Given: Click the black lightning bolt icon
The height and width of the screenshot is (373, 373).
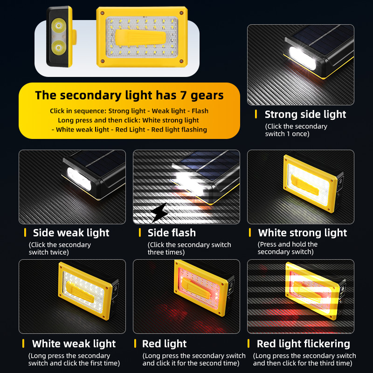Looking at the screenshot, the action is point(159,213).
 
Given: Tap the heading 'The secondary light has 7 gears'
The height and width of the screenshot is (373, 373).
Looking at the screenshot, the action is point(130,95).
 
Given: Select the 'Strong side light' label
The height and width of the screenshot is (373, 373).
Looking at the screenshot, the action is point(305,114).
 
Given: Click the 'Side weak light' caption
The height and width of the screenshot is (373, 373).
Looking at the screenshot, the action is point(71,233).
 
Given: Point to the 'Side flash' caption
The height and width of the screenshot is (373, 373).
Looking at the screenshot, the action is point(172,233).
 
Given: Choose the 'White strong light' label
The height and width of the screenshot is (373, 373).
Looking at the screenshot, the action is point(303,233).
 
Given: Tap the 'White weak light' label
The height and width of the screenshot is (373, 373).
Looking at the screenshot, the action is point(74,344).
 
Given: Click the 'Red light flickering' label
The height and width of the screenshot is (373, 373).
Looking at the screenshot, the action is point(304,344).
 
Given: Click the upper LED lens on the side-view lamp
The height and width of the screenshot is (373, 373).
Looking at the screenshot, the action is point(59,26).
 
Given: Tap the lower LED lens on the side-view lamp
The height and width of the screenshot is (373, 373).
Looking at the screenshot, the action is point(59,47).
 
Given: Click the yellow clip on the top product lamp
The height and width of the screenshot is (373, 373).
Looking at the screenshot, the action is point(140,37).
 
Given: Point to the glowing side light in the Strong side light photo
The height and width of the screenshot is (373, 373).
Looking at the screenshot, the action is point(303,58).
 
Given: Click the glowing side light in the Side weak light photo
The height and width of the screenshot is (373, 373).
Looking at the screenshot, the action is point(79,179).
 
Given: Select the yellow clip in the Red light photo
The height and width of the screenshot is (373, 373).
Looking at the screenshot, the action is point(196,289).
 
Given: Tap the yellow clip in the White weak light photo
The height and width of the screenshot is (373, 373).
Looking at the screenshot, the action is point(80,292).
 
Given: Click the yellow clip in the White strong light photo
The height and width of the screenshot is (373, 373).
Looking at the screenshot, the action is point(304,185).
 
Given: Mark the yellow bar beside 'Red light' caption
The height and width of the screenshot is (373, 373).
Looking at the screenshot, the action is point(135,344).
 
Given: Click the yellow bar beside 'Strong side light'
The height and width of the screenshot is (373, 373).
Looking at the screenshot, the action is point(256,114).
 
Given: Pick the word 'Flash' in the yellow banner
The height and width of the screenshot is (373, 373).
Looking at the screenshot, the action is point(200,111).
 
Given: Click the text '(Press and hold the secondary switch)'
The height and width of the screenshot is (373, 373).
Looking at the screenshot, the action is point(287,248).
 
